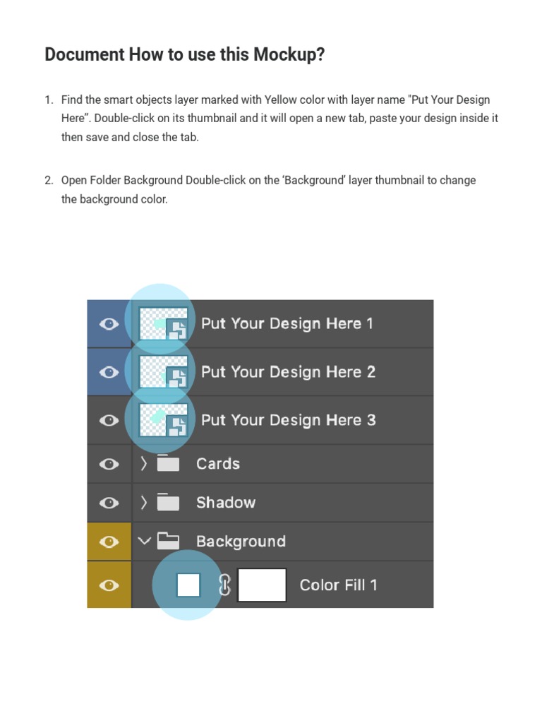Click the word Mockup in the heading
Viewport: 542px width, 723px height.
click(x=289, y=55)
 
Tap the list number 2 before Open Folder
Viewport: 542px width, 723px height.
click(x=49, y=180)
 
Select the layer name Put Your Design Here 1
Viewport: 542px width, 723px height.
click(x=287, y=323)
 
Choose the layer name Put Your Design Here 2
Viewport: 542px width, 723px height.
click(x=288, y=371)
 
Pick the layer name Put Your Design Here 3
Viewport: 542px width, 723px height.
click(x=288, y=420)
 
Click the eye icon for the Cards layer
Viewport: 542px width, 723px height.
click(x=109, y=464)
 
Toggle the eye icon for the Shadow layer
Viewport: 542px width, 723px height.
click(x=109, y=503)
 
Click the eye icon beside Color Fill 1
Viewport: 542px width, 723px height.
click(x=109, y=585)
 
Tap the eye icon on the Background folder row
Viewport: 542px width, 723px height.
click(x=109, y=542)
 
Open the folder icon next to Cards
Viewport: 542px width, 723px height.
click(x=168, y=463)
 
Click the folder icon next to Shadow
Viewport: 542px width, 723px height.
click(x=168, y=502)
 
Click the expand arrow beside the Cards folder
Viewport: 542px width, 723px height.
click(x=144, y=464)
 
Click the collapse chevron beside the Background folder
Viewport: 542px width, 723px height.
click(x=144, y=542)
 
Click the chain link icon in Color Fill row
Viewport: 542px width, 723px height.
click(x=224, y=585)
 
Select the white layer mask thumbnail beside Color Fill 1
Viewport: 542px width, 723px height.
click(x=262, y=585)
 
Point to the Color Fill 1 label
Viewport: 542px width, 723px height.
click(x=338, y=585)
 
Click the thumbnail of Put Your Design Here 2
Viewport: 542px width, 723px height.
click(x=163, y=371)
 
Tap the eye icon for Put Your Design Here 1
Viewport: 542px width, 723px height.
click(x=109, y=323)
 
